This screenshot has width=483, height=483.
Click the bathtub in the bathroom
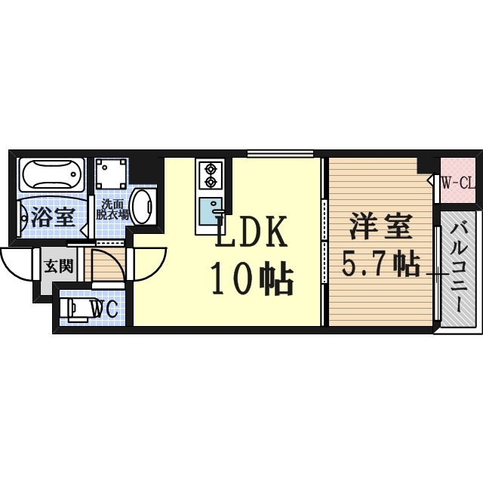[x=51, y=177]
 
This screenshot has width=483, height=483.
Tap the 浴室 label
[x=52, y=217]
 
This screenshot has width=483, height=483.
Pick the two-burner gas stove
[x=208, y=175]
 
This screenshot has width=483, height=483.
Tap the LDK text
[x=251, y=232]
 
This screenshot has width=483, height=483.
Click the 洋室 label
[x=380, y=226]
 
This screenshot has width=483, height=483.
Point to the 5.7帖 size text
[x=381, y=264]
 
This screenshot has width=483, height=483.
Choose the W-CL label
[x=457, y=182]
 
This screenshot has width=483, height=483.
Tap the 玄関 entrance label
[x=57, y=265]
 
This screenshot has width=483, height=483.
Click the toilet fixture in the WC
[x=75, y=309]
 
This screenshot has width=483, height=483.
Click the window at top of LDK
[x=280, y=152]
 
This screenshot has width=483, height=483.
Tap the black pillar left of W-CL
[x=428, y=165]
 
